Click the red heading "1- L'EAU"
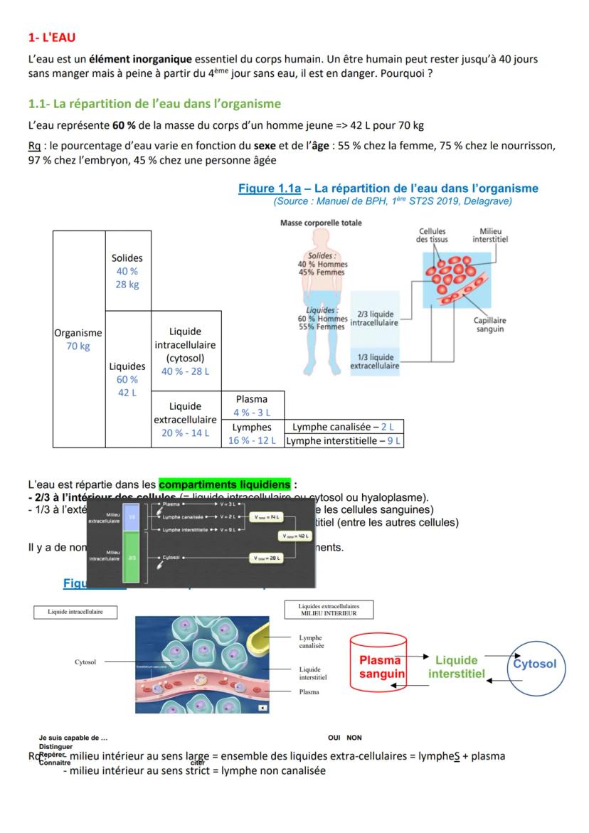52,37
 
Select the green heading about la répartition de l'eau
154,104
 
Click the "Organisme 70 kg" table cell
78,339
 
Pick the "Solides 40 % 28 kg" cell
127,271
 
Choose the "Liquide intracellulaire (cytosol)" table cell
186,351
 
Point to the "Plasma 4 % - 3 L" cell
252,405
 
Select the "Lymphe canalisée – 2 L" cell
343,427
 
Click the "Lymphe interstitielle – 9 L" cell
344,441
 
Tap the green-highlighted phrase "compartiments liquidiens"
224,485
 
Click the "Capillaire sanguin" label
490,324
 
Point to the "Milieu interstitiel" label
490,235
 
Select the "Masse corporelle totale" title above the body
321,223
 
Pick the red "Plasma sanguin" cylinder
378,666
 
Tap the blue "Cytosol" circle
535,664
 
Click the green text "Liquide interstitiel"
457,667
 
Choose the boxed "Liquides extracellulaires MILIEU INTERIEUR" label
328,610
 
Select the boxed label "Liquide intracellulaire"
75,612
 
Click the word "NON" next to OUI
354,738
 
